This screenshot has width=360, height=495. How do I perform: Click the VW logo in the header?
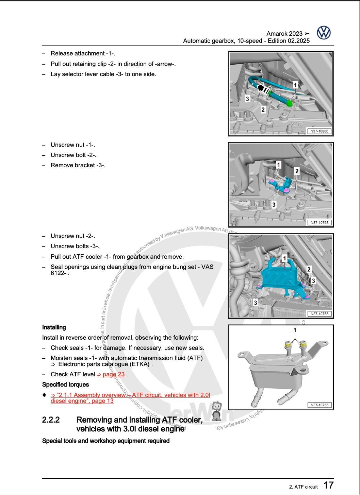(x=324, y=33)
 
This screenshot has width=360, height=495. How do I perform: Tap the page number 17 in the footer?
(x=328, y=485)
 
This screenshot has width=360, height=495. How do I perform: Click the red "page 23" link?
(x=111, y=374)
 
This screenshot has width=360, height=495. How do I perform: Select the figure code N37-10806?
(x=319, y=131)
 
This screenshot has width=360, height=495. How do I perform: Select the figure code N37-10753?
(x=319, y=223)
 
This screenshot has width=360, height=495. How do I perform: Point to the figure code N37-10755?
(x=319, y=314)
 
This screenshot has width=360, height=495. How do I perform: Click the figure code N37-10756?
(x=319, y=405)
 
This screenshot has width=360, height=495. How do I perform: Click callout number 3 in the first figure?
(x=247, y=99)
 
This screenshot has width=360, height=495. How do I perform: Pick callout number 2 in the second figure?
(x=297, y=171)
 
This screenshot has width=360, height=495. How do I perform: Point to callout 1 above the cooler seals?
(x=295, y=330)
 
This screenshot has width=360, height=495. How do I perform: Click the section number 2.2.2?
(x=51, y=420)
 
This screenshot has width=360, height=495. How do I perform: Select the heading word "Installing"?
(x=54, y=327)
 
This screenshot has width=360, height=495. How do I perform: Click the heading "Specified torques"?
(x=65, y=385)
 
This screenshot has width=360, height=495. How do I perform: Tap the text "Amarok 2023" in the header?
(x=284, y=34)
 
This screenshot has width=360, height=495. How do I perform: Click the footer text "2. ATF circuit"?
(x=303, y=487)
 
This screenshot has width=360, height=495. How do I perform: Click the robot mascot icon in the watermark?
(x=217, y=410)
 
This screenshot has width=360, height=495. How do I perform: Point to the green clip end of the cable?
(x=289, y=103)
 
